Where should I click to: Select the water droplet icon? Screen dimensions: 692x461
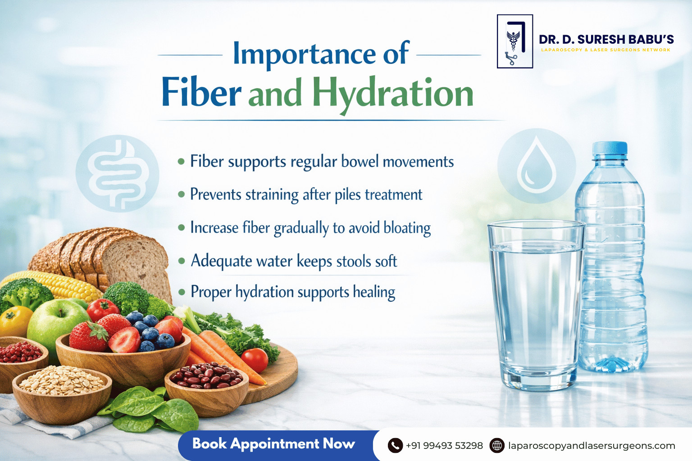click(x=537, y=166)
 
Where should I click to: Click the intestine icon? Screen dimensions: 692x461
click(x=118, y=173)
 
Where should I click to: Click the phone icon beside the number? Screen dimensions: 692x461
click(x=395, y=446)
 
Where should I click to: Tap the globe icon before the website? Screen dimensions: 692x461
click(x=497, y=446)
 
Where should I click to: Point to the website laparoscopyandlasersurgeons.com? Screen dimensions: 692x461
click(x=591, y=446)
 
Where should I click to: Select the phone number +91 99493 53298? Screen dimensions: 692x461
click(x=444, y=446)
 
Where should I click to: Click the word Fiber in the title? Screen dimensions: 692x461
click(x=201, y=92)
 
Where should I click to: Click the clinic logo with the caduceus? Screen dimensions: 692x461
click(x=514, y=41)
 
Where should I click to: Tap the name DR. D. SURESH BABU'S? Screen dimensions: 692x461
click(x=606, y=40)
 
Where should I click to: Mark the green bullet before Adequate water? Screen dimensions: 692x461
click(x=182, y=261)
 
